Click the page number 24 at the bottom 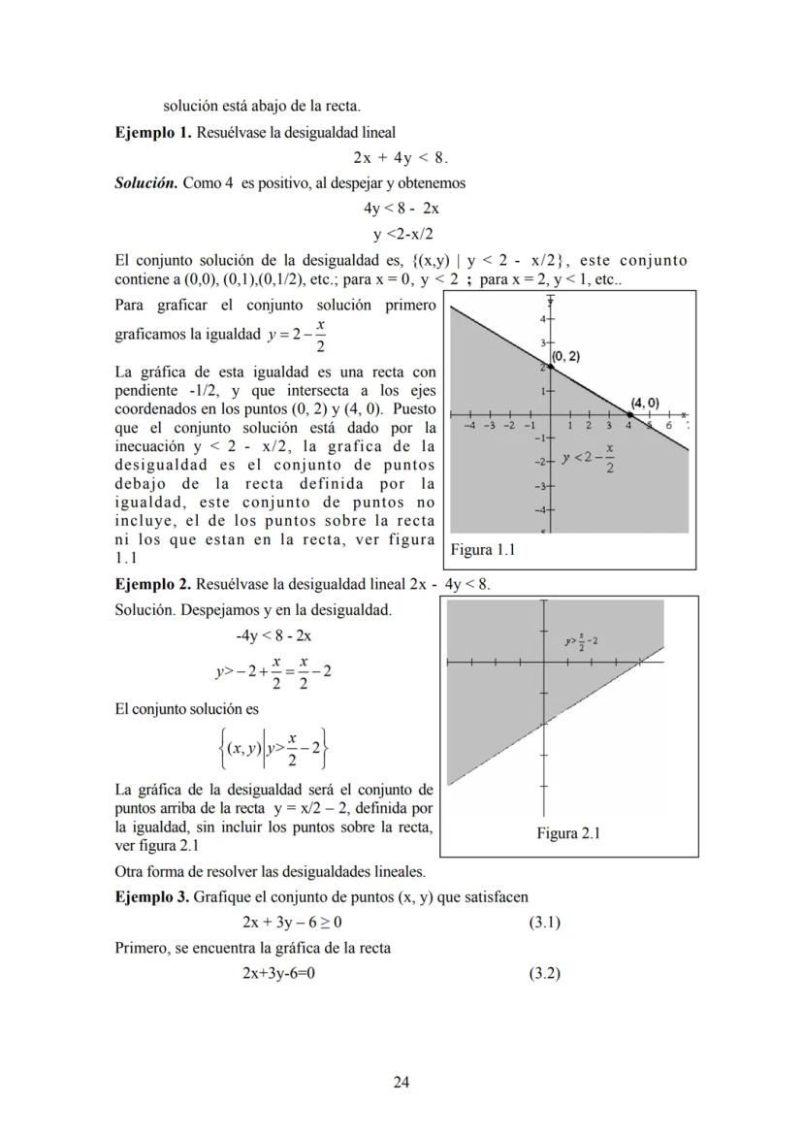(x=401, y=1082)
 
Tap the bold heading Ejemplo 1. (x=152, y=132)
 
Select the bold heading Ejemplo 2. (x=152, y=584)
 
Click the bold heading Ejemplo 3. (x=152, y=897)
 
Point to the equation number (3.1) (x=544, y=923)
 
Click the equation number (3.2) (x=544, y=973)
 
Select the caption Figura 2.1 (x=568, y=832)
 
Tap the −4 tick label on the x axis (x=469, y=424)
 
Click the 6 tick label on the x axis (x=668, y=425)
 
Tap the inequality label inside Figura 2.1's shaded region (x=581, y=641)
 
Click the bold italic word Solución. (x=145, y=182)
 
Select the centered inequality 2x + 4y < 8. (x=401, y=157)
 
